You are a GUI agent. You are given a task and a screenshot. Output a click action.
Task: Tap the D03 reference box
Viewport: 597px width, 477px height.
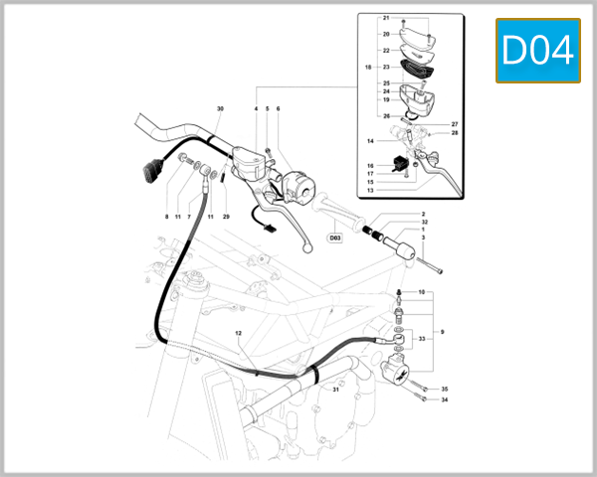(x=334, y=238)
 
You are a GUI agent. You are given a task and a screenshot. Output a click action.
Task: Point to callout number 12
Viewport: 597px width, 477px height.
(x=238, y=333)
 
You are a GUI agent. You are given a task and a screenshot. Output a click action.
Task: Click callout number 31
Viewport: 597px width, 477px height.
(x=336, y=390)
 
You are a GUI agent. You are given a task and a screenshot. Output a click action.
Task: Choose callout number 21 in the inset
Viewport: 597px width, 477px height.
(x=386, y=19)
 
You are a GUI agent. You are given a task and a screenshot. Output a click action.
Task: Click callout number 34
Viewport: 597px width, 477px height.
(x=445, y=400)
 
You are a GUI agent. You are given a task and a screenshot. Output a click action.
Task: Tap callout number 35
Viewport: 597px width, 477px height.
(x=445, y=389)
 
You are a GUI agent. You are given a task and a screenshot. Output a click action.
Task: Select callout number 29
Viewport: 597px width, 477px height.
(x=226, y=216)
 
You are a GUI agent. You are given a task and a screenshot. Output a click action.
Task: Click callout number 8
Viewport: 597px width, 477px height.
(x=167, y=216)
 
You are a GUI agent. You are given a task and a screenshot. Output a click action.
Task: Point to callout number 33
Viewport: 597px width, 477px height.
(x=422, y=339)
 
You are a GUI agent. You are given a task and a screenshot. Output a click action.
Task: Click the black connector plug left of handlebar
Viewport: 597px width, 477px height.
(x=149, y=174)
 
